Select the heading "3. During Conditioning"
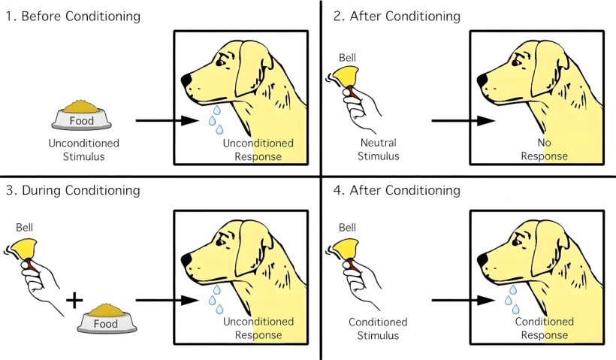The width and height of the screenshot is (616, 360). (72, 190)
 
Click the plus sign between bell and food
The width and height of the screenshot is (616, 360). (74, 301)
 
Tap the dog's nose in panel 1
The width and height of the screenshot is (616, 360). (186, 77)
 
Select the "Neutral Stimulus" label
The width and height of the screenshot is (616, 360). (378, 149)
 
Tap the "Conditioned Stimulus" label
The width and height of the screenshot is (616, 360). (378, 328)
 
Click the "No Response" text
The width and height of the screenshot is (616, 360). (545, 149)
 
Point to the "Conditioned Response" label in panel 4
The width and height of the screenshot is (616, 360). (545, 328)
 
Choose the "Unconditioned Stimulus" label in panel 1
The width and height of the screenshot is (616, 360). (83, 149)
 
